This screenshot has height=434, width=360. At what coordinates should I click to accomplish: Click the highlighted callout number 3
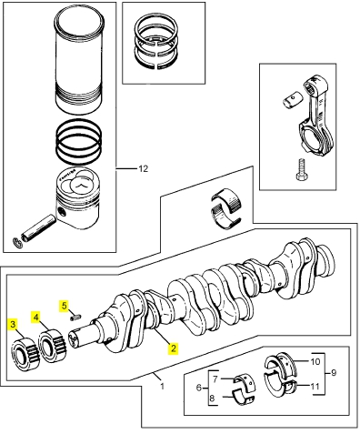(x=13, y=324)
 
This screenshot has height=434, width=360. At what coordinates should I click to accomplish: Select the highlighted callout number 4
(x=36, y=318)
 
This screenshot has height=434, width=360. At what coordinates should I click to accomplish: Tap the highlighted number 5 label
(x=64, y=306)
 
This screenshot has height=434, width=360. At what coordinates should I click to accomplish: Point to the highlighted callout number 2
(x=173, y=348)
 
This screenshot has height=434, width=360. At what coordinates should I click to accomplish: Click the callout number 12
(x=144, y=168)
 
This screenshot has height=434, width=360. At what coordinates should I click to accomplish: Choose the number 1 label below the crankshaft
(x=162, y=386)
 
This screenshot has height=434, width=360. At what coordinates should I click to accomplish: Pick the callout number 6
(x=199, y=388)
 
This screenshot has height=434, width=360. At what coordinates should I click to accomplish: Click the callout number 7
(x=215, y=378)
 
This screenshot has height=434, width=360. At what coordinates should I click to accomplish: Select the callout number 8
(x=212, y=398)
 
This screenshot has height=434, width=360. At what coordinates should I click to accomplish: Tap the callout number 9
(x=334, y=372)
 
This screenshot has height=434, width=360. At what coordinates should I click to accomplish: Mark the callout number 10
(x=315, y=361)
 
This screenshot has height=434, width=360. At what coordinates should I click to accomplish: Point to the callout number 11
(x=315, y=386)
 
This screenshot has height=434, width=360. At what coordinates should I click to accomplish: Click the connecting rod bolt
(x=301, y=170)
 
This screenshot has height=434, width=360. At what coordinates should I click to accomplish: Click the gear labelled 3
(x=25, y=354)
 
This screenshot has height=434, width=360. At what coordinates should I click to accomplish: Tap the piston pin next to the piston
(x=38, y=228)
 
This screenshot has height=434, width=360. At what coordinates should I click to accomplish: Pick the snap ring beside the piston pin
(x=18, y=243)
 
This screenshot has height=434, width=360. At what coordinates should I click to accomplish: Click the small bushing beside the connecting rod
(x=293, y=100)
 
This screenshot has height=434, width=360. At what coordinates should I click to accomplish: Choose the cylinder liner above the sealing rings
(x=79, y=61)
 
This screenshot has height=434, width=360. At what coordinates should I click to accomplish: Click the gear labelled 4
(x=52, y=346)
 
